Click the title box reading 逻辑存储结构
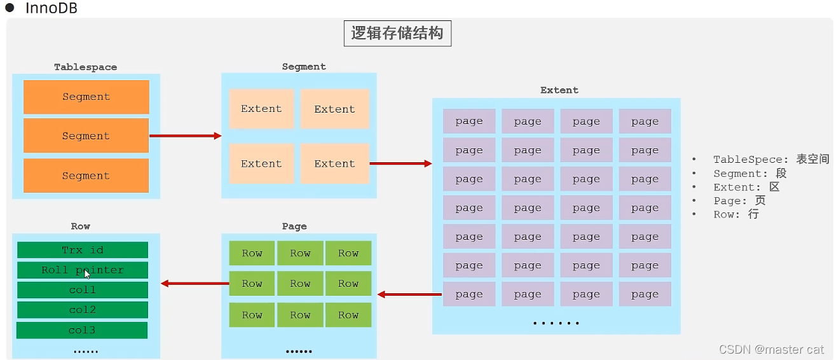click(x=397, y=34)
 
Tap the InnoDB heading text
click(x=51, y=8)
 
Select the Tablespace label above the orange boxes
click(x=85, y=67)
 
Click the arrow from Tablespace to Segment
click(x=185, y=135)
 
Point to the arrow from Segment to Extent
click(x=400, y=163)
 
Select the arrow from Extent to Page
click(x=409, y=294)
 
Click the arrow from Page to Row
click(x=195, y=283)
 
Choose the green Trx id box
click(x=83, y=250)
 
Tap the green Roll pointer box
click(x=83, y=270)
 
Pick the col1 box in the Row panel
click(x=83, y=290)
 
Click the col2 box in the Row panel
click(x=83, y=310)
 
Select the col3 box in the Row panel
click(x=82, y=330)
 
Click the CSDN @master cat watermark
click(x=771, y=349)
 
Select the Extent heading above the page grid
click(x=559, y=90)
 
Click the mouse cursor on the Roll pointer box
click(x=88, y=274)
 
